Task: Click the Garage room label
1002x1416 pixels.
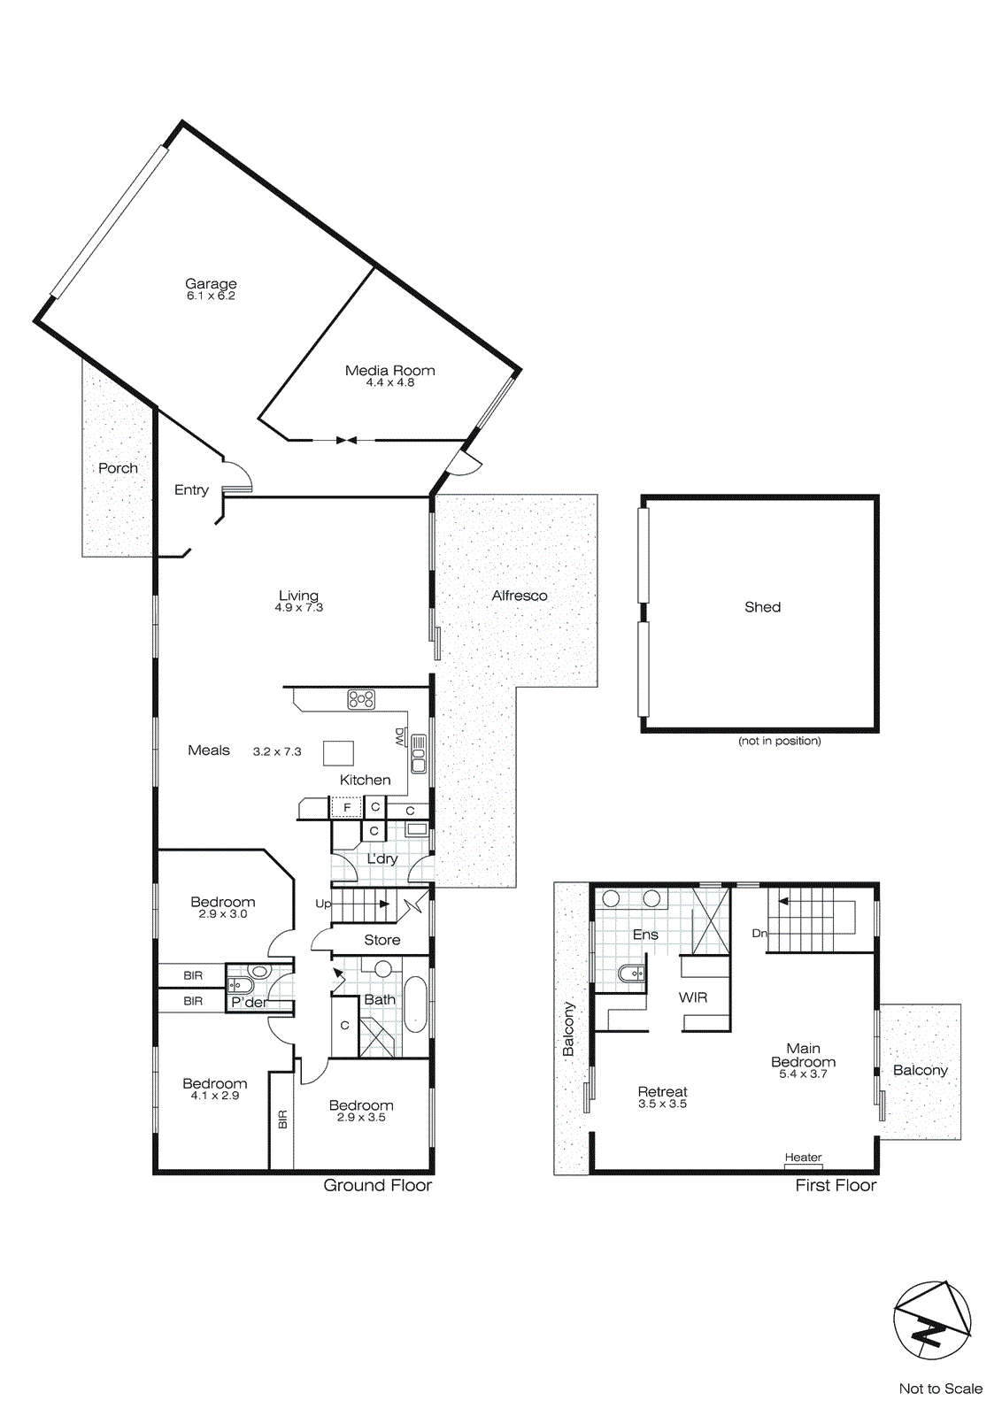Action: pyautogui.click(x=211, y=283)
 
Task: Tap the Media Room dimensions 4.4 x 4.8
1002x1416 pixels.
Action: pyautogui.click(x=390, y=382)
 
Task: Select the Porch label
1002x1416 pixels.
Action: pyautogui.click(x=118, y=468)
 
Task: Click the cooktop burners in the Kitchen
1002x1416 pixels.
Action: pyautogui.click(x=361, y=699)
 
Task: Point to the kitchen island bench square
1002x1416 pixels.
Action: pyautogui.click(x=338, y=753)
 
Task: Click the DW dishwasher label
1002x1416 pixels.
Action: pyautogui.click(x=399, y=736)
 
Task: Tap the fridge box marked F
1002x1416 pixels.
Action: pyautogui.click(x=347, y=807)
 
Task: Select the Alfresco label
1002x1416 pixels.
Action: pyautogui.click(x=520, y=596)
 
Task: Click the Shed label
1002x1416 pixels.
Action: pyautogui.click(x=762, y=607)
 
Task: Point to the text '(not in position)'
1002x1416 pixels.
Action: pyautogui.click(x=779, y=741)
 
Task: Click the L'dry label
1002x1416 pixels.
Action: pyautogui.click(x=382, y=858)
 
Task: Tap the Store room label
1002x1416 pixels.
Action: pyautogui.click(x=382, y=940)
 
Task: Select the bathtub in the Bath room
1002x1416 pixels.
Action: pyautogui.click(x=415, y=1004)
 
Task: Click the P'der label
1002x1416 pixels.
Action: pyautogui.click(x=249, y=1002)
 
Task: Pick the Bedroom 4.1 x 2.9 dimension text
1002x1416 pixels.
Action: pyautogui.click(x=215, y=1096)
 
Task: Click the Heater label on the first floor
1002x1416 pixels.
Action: pyautogui.click(x=803, y=1158)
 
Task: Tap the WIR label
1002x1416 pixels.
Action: pyautogui.click(x=693, y=997)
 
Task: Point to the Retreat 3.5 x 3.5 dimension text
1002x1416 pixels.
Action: pyautogui.click(x=662, y=1104)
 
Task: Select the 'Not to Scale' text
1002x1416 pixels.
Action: pyautogui.click(x=940, y=1389)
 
